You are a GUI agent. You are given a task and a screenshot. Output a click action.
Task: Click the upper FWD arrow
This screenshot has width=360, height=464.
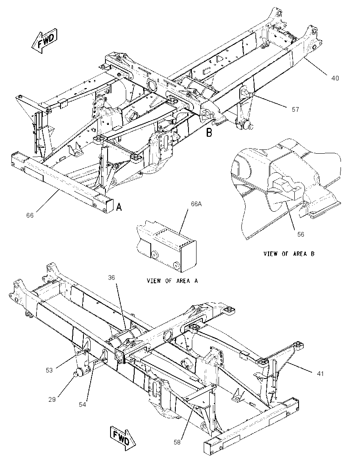click(x=44, y=41)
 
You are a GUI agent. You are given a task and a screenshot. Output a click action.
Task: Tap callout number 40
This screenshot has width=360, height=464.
click(x=335, y=78)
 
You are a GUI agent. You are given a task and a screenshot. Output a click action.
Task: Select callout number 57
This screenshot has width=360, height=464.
click(x=295, y=110)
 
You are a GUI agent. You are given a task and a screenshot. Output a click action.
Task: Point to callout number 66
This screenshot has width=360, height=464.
click(x=30, y=215)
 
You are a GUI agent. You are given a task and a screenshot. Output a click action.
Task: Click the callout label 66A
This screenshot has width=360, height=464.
click(x=196, y=204)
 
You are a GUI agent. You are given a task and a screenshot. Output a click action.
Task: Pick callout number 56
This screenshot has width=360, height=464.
click(x=300, y=235)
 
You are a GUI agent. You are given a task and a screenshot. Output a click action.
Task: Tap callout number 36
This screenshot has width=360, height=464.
click(x=111, y=278)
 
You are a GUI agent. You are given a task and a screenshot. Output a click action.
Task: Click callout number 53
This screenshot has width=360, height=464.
click(x=49, y=370)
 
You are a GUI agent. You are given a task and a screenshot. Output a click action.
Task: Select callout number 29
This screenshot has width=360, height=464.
click(x=52, y=400)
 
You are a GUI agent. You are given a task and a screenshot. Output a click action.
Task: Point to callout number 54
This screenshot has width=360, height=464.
click(x=82, y=404)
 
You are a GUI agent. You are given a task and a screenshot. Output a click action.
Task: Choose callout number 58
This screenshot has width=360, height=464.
click(x=177, y=442)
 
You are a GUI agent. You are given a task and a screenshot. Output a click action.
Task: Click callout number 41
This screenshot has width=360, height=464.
click(x=320, y=374)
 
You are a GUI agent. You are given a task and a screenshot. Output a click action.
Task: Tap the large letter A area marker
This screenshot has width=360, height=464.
click(x=119, y=207)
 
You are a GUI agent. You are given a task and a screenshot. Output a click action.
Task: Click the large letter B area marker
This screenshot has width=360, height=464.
click(x=209, y=133)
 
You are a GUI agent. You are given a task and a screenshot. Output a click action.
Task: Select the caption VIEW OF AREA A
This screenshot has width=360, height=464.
click(x=172, y=281)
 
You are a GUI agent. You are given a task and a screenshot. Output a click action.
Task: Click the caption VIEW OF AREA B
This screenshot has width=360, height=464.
click(x=289, y=254)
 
